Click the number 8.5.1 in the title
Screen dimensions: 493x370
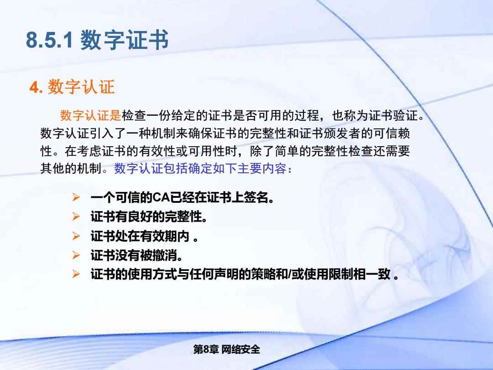click(x=49, y=40)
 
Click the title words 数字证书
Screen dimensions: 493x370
click(x=125, y=40)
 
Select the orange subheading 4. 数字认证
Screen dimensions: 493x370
click(x=72, y=87)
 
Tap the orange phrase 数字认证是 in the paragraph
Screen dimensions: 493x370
click(x=90, y=116)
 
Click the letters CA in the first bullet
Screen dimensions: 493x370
click(x=161, y=198)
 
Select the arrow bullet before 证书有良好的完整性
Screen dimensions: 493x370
click(x=76, y=217)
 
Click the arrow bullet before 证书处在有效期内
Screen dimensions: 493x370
click(x=76, y=236)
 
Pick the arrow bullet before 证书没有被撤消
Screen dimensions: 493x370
click(x=76, y=255)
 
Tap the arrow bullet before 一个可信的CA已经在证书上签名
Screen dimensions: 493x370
click(x=76, y=197)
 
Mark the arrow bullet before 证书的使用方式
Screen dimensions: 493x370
click(x=76, y=274)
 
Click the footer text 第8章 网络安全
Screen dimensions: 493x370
click(x=227, y=349)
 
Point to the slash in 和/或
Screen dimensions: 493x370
click(x=289, y=275)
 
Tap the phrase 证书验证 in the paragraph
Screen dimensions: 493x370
click(x=393, y=116)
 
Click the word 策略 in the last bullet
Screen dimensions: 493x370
click(x=263, y=275)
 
